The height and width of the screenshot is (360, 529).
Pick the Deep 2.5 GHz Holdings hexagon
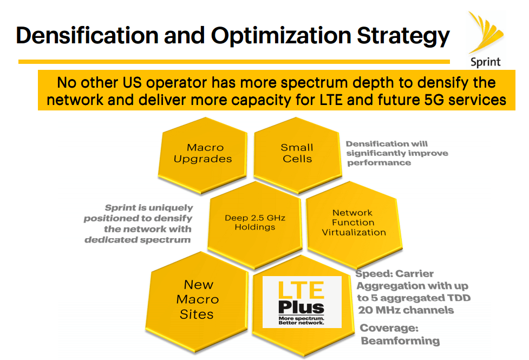coord(254,222)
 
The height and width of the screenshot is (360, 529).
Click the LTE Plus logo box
coord(302,302)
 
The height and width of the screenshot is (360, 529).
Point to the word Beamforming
coord(400,341)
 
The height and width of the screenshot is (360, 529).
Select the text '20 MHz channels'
coord(406,310)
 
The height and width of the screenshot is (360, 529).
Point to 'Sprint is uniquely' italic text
coord(148,208)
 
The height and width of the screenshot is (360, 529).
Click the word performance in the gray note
coord(379,162)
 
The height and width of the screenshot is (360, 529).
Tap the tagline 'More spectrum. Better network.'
coord(301,321)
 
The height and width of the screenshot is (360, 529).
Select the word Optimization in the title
coord(281,35)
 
